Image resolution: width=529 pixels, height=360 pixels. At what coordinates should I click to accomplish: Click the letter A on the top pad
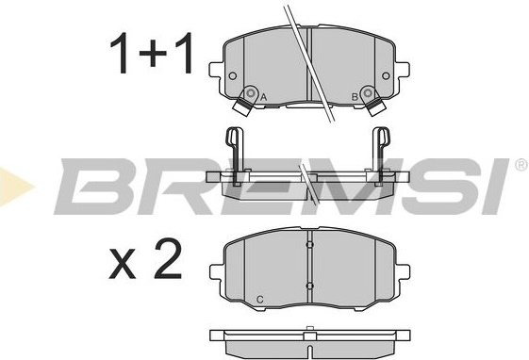pyautogui.click(x=264, y=98)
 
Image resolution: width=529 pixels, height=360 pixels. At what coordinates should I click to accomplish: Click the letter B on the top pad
pyautogui.click(x=355, y=97)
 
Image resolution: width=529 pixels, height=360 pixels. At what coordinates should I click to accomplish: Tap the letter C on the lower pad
pyautogui.click(x=259, y=300)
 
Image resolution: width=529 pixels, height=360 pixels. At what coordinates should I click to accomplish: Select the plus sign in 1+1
pyautogui.click(x=153, y=54)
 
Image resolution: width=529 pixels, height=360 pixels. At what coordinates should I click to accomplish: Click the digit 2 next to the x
pyautogui.click(x=168, y=259)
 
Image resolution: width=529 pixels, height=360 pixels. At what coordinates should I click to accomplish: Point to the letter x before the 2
pyautogui.click(x=123, y=265)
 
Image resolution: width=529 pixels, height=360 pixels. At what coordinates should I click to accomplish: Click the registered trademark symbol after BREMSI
pyautogui.click(x=521, y=165)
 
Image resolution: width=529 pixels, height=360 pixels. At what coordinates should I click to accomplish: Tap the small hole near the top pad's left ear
pyautogui.click(x=233, y=75)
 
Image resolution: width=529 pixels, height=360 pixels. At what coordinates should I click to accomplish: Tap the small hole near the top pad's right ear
pyautogui.click(x=386, y=75)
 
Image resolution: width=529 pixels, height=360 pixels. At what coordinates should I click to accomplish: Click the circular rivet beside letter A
pyautogui.click(x=250, y=92)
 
